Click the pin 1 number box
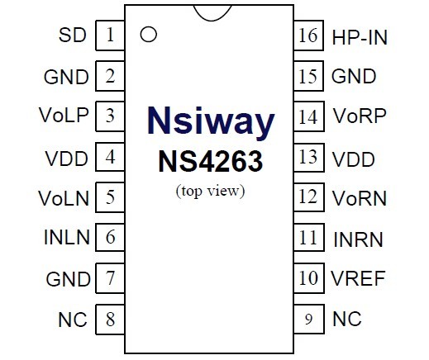tap(110, 36)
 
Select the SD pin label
tap(73, 36)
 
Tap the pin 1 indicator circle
tap(149, 35)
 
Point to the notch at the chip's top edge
tap(212, 13)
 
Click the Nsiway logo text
tap(211, 121)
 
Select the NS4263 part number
tap(211, 161)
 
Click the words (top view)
tap(210, 191)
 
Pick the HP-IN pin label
tap(360, 37)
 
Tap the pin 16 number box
tap(308, 36)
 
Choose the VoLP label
tap(64, 115)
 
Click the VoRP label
tap(360, 116)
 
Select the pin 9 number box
tap(309, 320)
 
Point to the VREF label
tap(358, 278)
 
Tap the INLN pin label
tap(67, 237)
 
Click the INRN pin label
tap(358, 239)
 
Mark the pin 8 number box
tap(110, 320)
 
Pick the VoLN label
tap(64, 198)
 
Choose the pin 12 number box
tap(309, 197)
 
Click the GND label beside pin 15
tap(354, 76)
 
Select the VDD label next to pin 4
tap(67, 159)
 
